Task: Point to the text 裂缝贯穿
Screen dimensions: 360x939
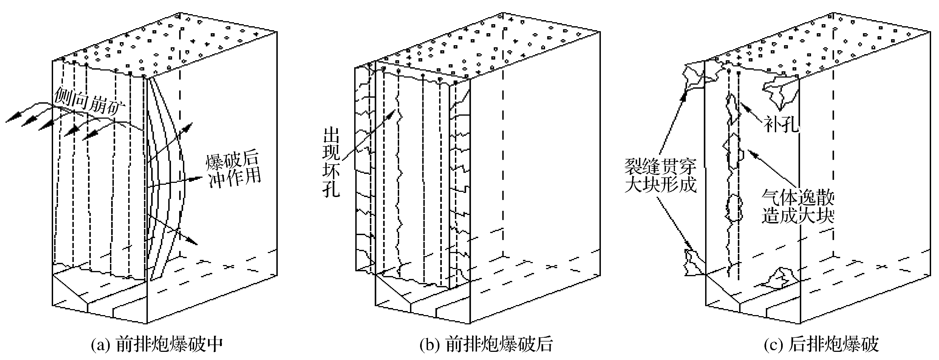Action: pos(660,167)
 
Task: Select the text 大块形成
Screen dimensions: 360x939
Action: pos(660,185)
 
